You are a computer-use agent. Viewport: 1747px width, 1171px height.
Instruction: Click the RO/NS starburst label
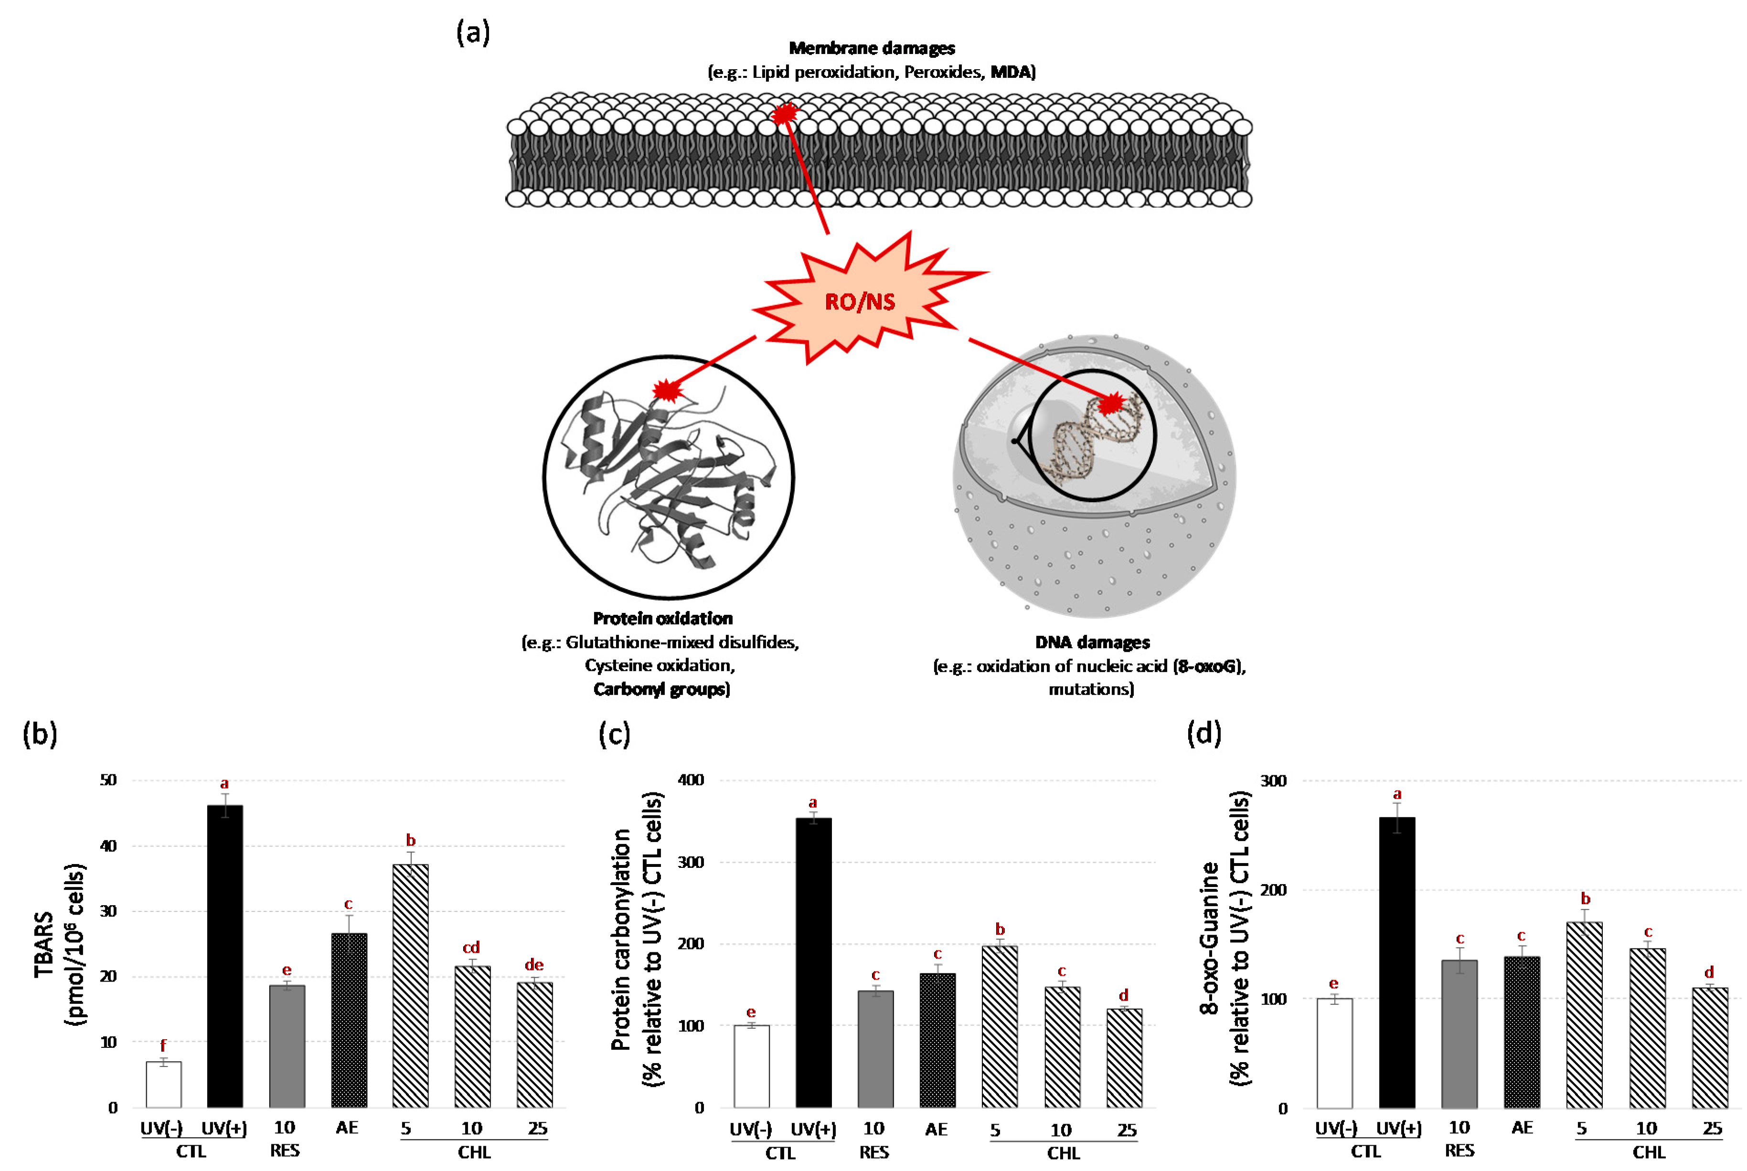[859, 302]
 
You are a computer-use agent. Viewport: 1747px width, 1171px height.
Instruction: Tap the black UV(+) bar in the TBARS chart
[225, 956]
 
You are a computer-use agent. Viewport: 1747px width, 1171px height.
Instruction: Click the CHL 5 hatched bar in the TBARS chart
[410, 986]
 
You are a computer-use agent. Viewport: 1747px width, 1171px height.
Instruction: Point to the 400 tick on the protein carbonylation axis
[691, 780]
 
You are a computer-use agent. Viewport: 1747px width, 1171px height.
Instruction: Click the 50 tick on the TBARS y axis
[108, 780]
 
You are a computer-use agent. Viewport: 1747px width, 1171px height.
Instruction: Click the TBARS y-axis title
[60, 944]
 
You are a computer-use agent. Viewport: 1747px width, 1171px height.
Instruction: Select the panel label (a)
[473, 33]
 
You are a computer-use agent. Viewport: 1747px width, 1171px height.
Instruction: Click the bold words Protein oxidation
[662, 618]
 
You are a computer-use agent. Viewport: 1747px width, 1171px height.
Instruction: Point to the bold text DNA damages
[1092, 642]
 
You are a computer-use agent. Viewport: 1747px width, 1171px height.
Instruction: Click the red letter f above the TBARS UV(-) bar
[163, 1045]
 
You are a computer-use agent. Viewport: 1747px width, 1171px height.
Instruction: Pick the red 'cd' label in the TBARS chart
[471, 948]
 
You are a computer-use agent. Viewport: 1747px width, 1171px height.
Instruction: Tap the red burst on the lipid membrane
[784, 114]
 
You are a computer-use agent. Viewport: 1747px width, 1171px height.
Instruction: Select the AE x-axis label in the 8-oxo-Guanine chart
[1522, 1128]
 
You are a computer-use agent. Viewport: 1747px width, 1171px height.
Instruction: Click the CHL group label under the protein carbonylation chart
[1063, 1153]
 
